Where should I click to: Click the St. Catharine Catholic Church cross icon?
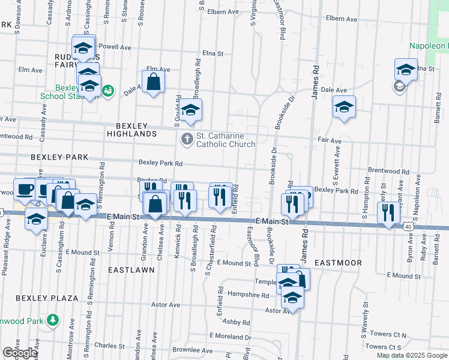(x=187, y=139)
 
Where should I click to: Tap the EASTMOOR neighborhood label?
(x=338, y=263)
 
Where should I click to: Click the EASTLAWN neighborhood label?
(x=131, y=270)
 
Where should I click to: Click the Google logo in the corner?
(x=19, y=353)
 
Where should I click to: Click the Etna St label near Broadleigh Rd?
(x=212, y=53)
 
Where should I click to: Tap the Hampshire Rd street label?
(x=248, y=295)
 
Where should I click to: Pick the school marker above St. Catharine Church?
(x=191, y=109)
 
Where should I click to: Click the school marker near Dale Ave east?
(x=344, y=106)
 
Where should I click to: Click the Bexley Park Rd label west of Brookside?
(x=160, y=163)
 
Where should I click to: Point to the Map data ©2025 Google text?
(x=411, y=355)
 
